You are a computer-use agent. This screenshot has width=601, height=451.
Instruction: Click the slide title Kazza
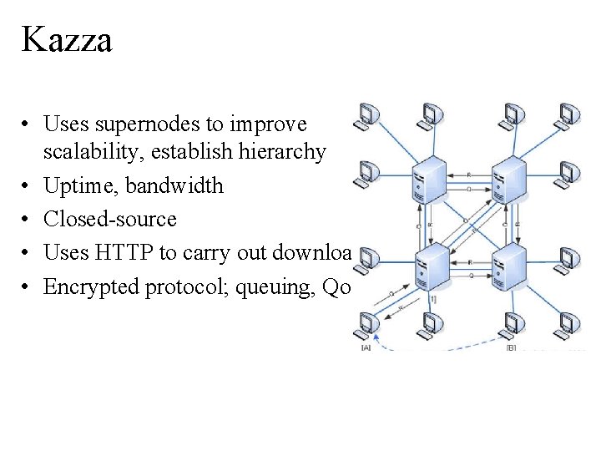coord(67,39)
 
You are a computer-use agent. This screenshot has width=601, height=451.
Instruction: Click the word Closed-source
coord(110,219)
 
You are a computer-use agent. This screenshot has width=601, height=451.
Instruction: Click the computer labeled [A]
coord(366,323)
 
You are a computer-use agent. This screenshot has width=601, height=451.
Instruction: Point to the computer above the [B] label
coord(511,324)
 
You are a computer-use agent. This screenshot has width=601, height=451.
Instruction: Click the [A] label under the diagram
coord(366,347)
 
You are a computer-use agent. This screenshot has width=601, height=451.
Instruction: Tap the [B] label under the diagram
coord(511,347)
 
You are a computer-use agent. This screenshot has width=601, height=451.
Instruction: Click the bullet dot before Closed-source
coord(28,219)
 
